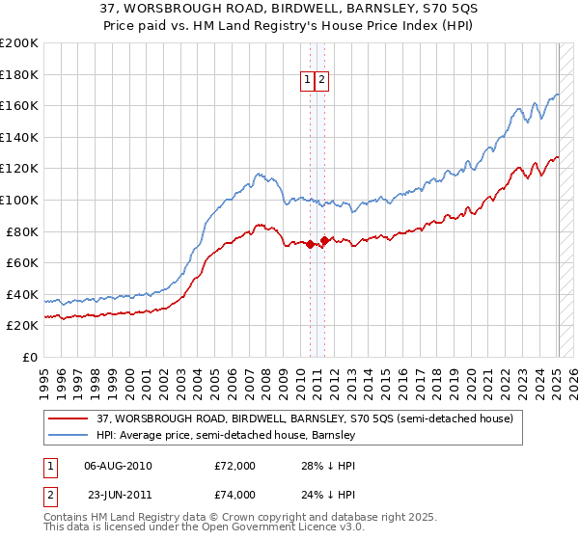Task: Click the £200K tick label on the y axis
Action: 19,43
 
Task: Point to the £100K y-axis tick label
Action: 19,200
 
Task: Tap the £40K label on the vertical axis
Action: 23,294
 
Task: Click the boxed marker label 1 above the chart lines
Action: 307,81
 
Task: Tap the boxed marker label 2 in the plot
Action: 322,81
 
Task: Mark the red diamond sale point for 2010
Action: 310,244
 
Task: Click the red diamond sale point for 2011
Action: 325,241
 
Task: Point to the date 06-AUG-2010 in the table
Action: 118,466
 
